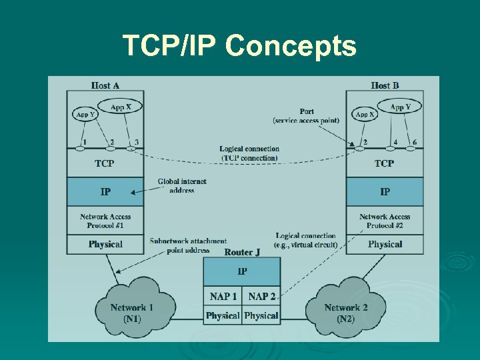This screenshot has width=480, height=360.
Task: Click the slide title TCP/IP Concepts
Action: [239, 46]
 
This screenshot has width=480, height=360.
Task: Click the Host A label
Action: [105, 85]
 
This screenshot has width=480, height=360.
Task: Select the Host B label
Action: [385, 85]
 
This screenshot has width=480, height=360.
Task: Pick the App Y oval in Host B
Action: [401, 107]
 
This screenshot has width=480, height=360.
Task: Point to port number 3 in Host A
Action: [136, 142]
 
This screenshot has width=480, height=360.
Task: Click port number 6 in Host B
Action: [414, 142]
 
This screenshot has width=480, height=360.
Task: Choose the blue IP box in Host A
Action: [105, 192]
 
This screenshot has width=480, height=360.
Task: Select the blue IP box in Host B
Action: [385, 192]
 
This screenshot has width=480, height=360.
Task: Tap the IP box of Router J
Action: [242, 272]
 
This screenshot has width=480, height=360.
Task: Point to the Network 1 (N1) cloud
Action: [131, 312]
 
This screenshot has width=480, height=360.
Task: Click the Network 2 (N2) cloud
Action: [346, 312]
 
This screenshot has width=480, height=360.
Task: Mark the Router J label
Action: [242, 252]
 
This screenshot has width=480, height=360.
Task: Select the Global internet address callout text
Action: [182, 186]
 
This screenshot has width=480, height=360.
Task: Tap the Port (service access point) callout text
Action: [307, 116]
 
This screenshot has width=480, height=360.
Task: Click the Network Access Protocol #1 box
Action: [105, 221]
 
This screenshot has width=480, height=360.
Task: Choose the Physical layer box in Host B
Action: [385, 245]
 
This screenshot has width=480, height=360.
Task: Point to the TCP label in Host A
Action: [105, 163]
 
